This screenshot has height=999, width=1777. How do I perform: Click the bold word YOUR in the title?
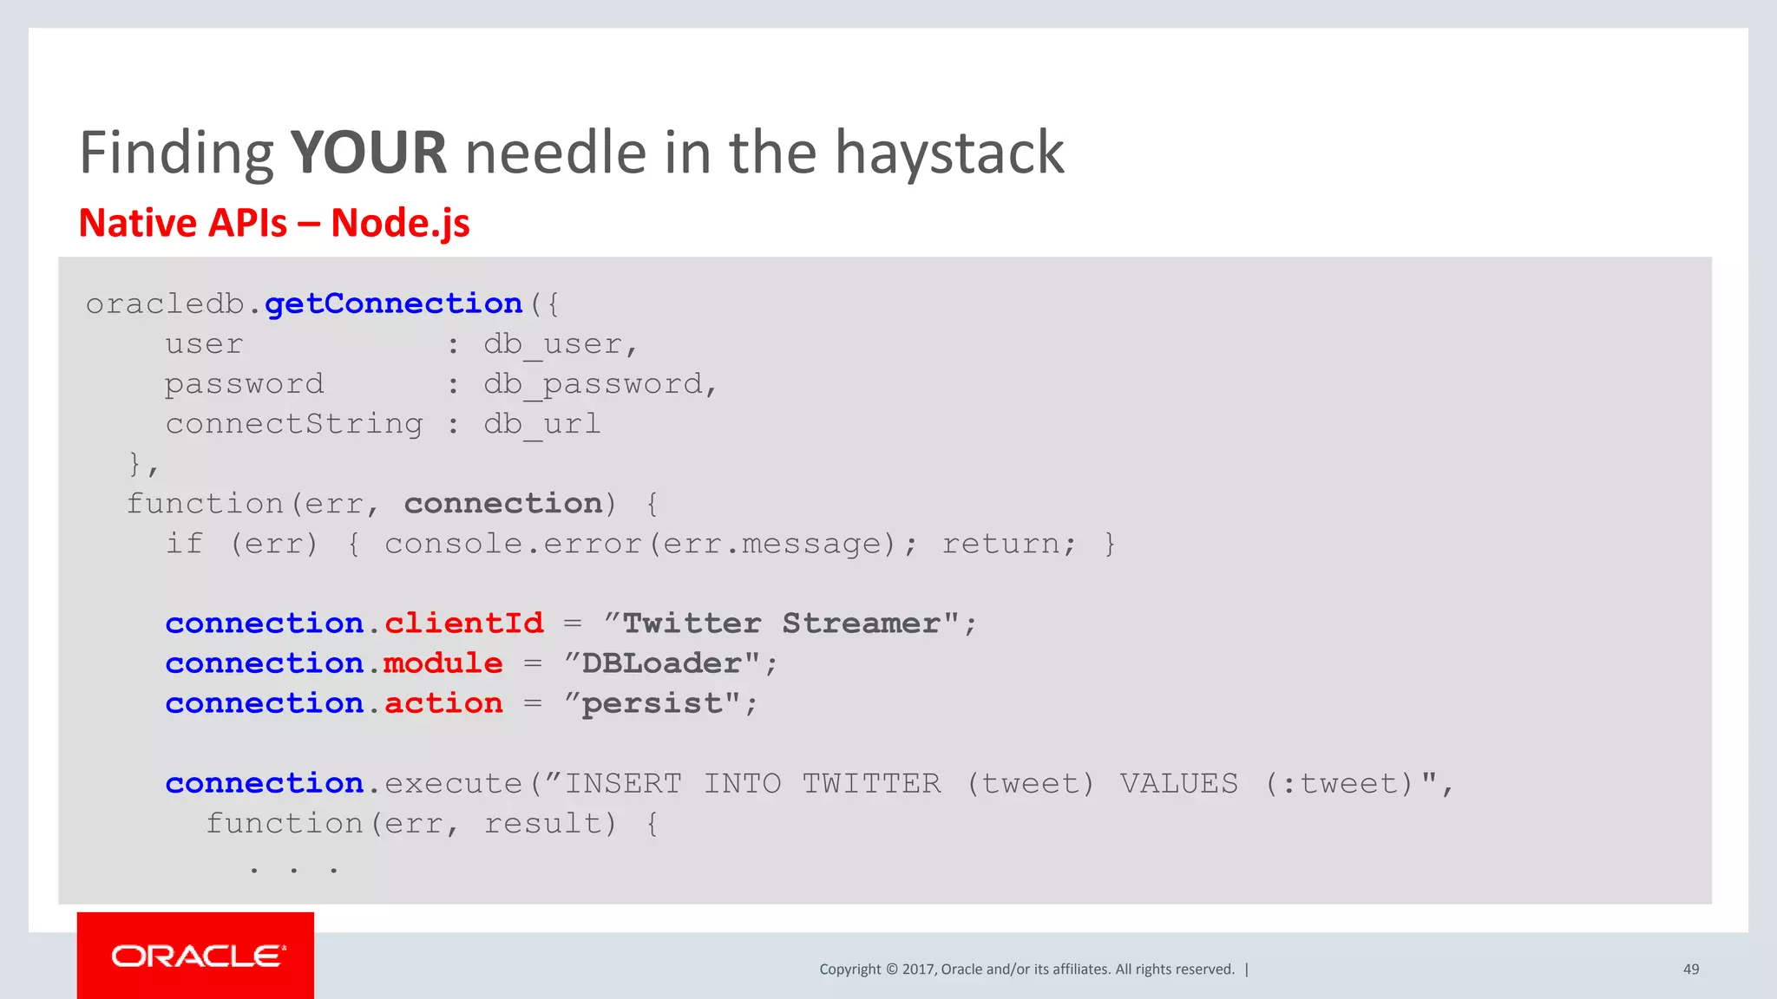point(369,153)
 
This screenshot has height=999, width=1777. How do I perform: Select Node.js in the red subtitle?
point(400,223)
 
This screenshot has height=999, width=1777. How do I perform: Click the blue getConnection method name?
point(393,304)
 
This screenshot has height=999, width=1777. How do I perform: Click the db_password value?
point(600,384)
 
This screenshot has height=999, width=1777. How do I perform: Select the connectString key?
point(294,424)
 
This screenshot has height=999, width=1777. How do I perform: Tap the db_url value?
point(541,424)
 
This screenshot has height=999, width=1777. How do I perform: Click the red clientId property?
point(463,623)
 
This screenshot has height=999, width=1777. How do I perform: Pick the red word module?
point(443,663)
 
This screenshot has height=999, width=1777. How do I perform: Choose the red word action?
point(443,703)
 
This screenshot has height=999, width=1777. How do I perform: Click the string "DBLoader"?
point(663,663)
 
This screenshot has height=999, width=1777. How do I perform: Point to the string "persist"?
point(652,703)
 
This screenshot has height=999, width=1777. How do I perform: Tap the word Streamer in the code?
point(861,623)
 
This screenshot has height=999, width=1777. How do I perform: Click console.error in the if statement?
point(513,544)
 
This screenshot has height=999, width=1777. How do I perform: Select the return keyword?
point(1007,544)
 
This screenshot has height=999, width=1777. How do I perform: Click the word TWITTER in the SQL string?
point(871,783)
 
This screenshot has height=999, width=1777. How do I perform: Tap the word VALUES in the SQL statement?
point(1178,783)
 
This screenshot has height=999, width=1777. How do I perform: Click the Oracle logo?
point(196,956)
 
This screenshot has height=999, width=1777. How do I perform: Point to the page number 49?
point(1690,969)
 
